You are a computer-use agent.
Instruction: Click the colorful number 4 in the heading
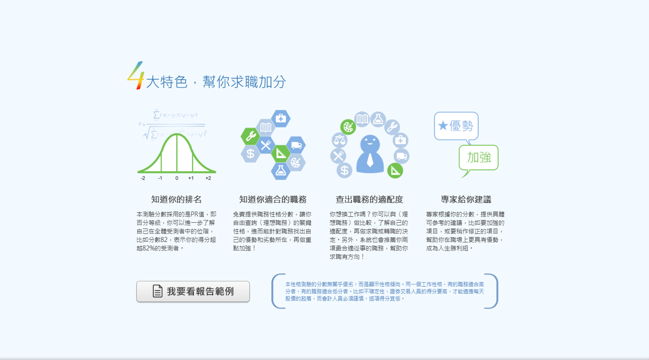pos(135,76)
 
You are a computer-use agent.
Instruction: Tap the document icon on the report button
pos(157,291)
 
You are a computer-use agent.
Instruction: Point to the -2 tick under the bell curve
pos(143,178)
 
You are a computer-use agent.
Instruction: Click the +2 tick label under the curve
pos(208,178)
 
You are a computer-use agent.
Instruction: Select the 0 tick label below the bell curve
pos(177,178)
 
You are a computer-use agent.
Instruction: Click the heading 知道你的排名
pos(176,199)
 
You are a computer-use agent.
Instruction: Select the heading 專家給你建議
pos(466,199)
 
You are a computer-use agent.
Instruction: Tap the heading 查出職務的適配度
pos(369,199)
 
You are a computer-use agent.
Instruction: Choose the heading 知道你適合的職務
pos(273,199)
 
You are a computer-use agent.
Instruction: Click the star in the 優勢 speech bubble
pos(443,126)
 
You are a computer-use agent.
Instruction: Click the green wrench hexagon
pos(250,136)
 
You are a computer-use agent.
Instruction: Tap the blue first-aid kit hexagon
pos(280,118)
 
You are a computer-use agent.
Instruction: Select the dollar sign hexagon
pos(250,153)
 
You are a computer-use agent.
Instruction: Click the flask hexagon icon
pos(280,171)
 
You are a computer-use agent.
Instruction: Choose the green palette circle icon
pos(348,127)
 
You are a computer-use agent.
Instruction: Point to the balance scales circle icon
pos(339,140)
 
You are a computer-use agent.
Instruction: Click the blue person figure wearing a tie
pos(370,154)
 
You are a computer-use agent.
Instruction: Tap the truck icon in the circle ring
pos(401,156)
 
